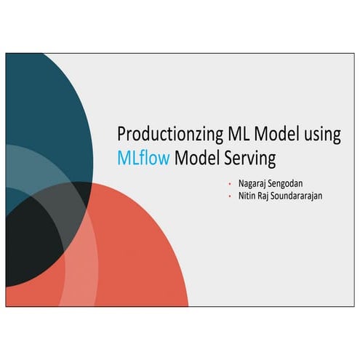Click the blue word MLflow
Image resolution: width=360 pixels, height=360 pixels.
[x=143, y=156]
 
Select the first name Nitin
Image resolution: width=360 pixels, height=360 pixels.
[x=243, y=196]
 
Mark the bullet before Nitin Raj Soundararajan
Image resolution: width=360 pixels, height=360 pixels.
[x=229, y=196]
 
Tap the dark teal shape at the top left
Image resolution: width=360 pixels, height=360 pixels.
[x=44, y=102]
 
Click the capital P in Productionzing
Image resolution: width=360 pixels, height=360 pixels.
[x=121, y=135]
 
